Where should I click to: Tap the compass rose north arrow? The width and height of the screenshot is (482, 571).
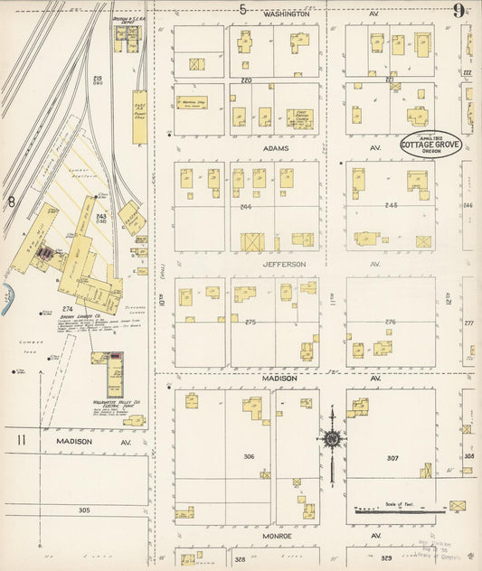(332, 440)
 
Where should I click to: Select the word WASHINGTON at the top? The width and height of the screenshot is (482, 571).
(288, 14)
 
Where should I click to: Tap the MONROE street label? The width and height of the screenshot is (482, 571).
(280, 536)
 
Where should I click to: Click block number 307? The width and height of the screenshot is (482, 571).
(392, 458)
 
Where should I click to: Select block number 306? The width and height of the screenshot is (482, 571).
(249, 456)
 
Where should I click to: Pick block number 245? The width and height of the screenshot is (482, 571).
(392, 204)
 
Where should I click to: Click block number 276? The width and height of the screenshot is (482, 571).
(392, 322)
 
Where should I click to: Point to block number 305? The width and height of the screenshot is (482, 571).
(84, 510)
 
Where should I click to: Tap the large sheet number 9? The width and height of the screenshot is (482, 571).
(459, 11)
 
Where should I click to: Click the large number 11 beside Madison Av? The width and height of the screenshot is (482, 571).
(21, 440)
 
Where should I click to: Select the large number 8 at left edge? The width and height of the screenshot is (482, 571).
(11, 201)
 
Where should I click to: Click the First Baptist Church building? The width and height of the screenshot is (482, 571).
(299, 118)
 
